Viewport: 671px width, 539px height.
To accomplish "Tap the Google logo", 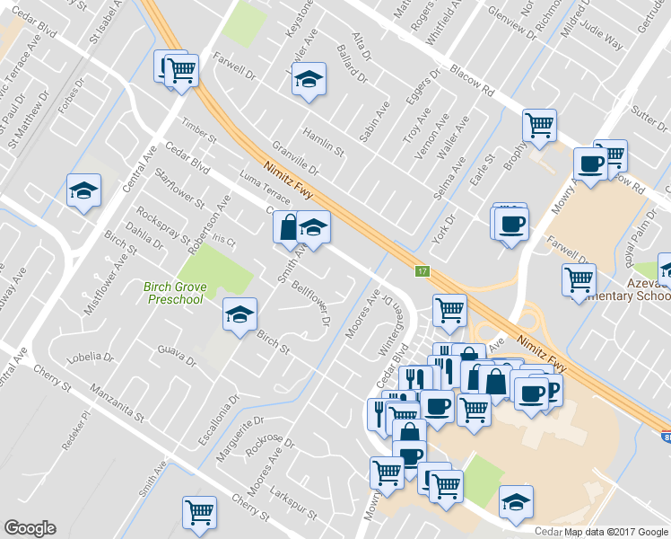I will [30, 528].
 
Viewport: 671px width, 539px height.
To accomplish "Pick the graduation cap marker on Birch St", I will [240, 314].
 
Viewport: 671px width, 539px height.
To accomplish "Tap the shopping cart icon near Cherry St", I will [199, 512].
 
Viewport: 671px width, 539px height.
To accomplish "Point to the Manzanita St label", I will [117, 403].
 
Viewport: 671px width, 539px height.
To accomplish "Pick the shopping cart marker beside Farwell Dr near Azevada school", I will [579, 280].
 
